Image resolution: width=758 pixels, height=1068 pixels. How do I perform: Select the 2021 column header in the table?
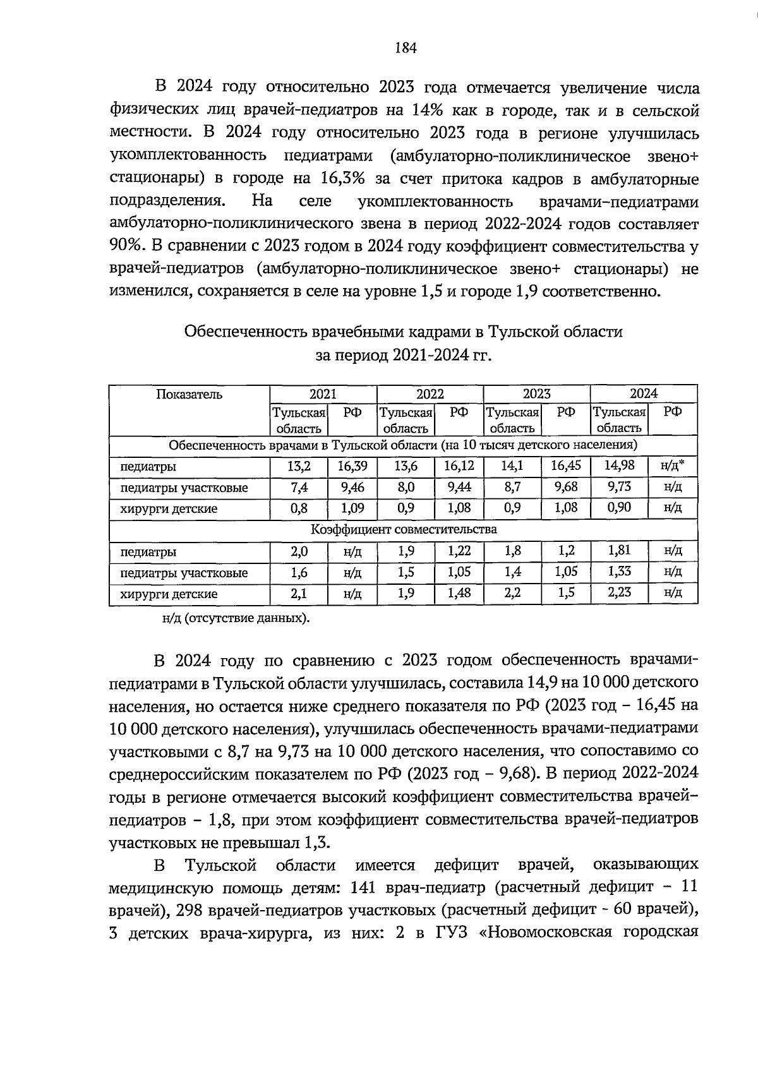coord(323,394)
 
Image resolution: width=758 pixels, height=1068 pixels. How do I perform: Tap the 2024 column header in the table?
coord(643,394)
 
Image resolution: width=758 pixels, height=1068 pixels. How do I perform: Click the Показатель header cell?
coord(189,395)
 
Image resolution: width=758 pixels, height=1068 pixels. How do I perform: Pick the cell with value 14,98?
coord(619,465)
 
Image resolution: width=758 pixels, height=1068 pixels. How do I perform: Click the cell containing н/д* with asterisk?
coord(673,465)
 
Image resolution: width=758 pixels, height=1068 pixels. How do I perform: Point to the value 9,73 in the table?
coord(619,487)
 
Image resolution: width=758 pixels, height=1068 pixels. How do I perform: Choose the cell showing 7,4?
coord(299,488)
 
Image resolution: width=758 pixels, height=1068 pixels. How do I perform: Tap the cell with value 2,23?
coord(619,592)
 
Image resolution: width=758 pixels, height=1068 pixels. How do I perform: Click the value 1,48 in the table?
coord(459,593)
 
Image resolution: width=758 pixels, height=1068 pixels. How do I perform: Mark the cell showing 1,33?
coord(619,572)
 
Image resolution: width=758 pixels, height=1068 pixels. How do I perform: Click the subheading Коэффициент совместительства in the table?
coord(404,529)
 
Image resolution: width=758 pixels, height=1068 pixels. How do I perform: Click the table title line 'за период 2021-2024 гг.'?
coord(403,356)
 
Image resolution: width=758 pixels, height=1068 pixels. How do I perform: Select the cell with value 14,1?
coord(512,466)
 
